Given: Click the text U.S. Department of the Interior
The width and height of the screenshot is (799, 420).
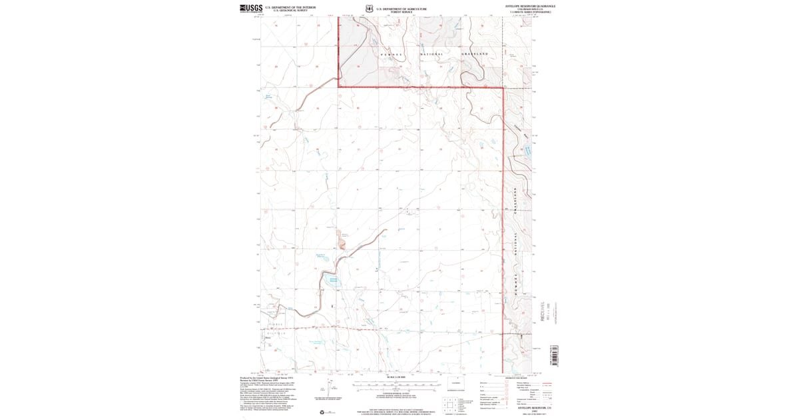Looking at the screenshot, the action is click(286, 7).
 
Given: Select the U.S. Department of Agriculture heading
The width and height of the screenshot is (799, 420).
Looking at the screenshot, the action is click(401, 9).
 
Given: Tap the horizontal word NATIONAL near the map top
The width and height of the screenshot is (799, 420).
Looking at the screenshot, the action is click(431, 53).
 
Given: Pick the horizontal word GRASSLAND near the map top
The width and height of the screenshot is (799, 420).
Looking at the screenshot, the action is click(474, 53).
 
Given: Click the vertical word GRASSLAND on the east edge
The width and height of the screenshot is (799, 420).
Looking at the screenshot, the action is click(517, 201).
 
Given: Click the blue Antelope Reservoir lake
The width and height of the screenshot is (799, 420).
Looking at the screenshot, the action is click(334, 281).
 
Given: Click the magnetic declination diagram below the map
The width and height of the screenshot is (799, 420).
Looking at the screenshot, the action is click(323, 389).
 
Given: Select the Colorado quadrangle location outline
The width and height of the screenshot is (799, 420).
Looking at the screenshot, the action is click(456, 383).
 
